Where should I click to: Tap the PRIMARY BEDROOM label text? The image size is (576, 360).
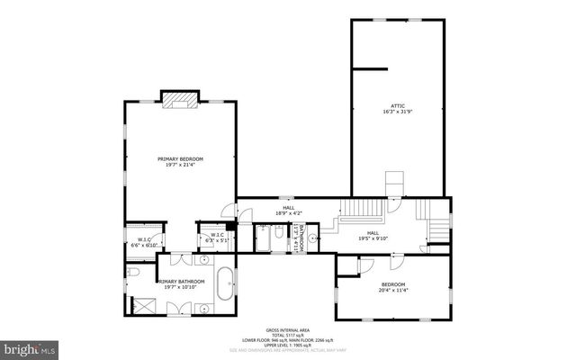pyautogui.click(x=179, y=159)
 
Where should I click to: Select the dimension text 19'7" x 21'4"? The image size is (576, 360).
pyautogui.click(x=179, y=166)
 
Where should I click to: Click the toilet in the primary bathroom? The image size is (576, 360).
pyautogui.click(x=131, y=272)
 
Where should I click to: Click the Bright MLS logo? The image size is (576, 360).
pyautogui.click(x=29, y=346)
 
